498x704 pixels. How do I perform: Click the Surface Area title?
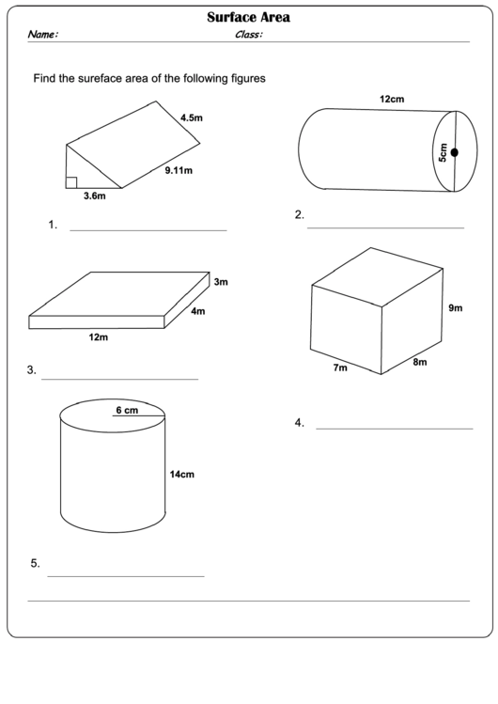coord(248,17)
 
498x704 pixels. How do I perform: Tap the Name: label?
coord(43,35)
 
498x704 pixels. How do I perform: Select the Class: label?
coord(248,35)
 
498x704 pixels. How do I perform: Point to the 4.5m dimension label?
coord(191,118)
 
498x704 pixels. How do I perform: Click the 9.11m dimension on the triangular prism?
coord(178,170)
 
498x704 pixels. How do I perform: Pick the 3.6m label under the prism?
coord(94,196)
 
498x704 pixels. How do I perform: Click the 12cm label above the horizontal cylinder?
coord(392,98)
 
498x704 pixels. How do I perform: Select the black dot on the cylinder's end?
coord(454,152)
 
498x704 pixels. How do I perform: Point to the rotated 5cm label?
coord(443,152)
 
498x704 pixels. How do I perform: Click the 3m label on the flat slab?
coord(221,281)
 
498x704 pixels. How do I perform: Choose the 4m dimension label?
coord(198,311)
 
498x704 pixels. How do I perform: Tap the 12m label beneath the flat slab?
coord(99,337)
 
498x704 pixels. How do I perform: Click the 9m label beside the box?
coord(455,308)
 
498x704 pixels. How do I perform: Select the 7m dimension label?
coord(340,368)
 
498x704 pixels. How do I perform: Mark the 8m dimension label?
coord(420,362)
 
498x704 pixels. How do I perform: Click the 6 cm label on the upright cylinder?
coord(127,410)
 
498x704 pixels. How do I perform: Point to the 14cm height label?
coord(181,475)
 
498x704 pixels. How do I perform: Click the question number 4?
coord(299,423)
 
